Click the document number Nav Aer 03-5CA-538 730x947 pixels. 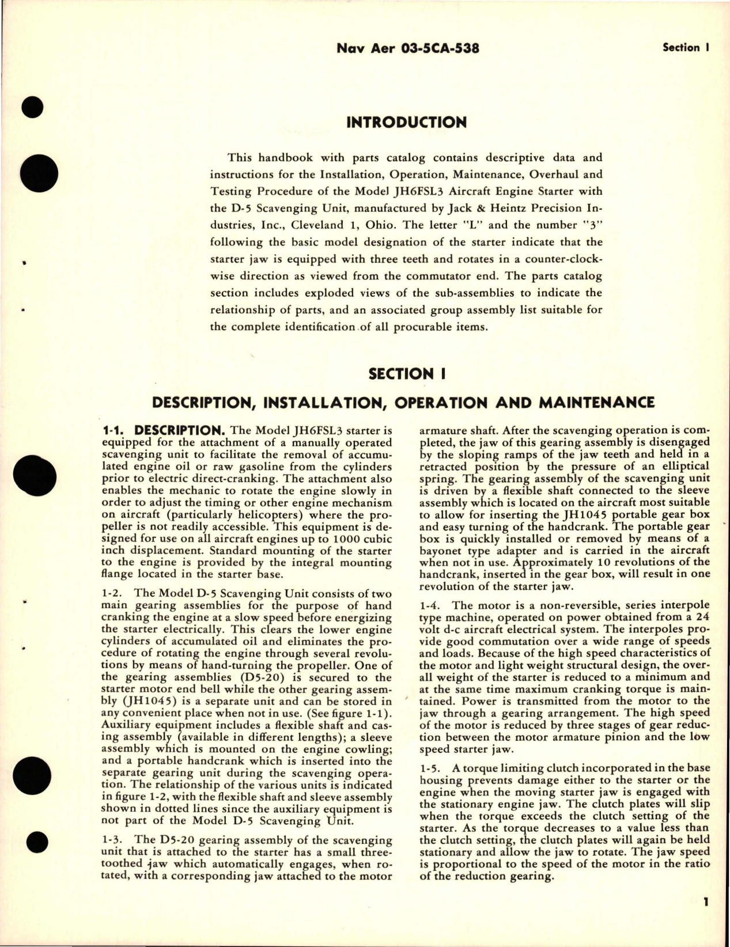click(407, 49)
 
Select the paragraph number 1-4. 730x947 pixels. click(431, 605)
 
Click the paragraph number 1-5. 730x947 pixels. click(431, 768)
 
